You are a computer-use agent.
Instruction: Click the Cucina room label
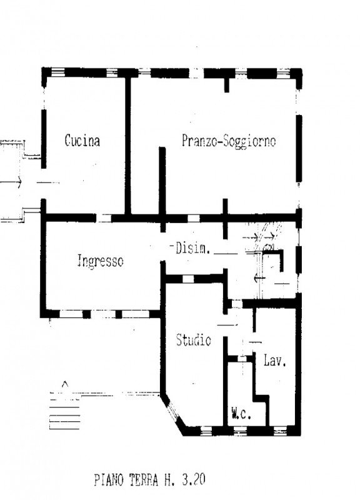click(x=82, y=141)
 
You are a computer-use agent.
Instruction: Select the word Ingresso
click(x=100, y=261)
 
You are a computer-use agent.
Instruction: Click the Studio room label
click(x=193, y=341)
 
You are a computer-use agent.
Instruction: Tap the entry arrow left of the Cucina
click(x=12, y=183)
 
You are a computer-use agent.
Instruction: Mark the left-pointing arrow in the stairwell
click(x=258, y=277)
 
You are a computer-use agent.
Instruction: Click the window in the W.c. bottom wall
click(x=241, y=430)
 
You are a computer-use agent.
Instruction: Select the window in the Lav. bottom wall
click(x=279, y=430)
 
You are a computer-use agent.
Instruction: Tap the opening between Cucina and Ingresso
click(x=104, y=218)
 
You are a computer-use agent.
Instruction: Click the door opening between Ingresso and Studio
click(x=164, y=272)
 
